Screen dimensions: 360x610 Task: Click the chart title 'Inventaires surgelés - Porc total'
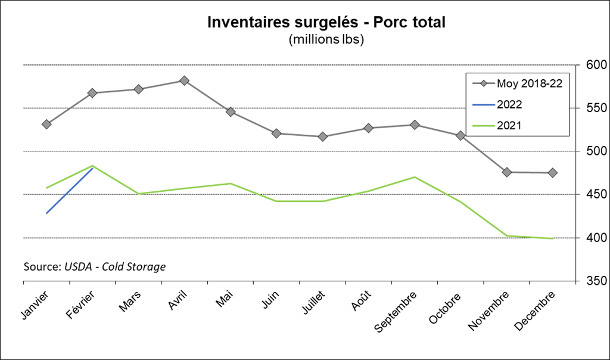click(326, 22)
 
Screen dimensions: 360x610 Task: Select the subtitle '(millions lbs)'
click(326, 40)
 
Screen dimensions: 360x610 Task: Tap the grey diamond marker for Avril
click(185, 80)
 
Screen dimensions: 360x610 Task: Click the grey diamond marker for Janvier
click(46, 124)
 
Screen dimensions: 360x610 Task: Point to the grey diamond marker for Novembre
click(507, 172)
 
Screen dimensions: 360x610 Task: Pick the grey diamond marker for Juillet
click(323, 136)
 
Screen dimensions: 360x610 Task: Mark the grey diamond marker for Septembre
click(415, 125)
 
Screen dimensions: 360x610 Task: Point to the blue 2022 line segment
click(69, 191)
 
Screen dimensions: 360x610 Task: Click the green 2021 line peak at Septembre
click(415, 177)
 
